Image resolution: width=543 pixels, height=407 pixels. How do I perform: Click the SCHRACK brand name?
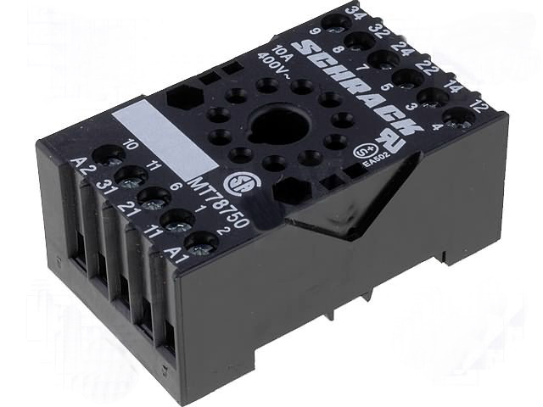355,85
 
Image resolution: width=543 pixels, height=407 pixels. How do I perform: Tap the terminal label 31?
104,186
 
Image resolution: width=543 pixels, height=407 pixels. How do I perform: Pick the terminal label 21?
128,209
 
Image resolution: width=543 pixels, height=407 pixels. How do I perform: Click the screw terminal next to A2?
109,154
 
